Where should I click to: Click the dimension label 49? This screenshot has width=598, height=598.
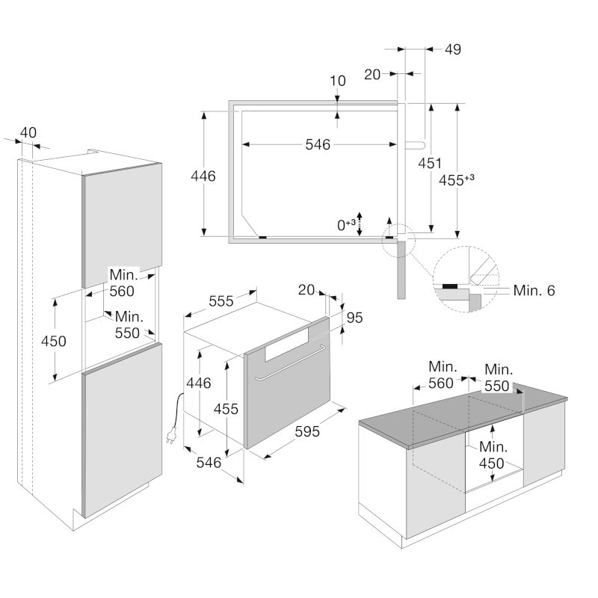(453, 49)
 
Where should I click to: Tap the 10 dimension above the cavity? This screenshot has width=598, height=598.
(338, 81)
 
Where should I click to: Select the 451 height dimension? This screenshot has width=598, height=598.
(430, 163)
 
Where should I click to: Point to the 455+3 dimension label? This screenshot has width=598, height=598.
(457, 179)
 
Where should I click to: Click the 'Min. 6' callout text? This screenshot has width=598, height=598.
(534, 291)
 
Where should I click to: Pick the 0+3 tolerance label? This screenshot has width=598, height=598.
(346, 225)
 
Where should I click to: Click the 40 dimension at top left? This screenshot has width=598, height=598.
(28, 133)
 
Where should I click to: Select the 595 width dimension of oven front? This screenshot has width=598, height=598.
(307, 432)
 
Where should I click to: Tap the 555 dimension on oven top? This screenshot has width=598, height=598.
(221, 301)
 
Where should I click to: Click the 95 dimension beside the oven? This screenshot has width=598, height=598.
(354, 318)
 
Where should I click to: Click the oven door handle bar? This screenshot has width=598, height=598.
(291, 363)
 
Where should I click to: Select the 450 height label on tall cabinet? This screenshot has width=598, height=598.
(53, 341)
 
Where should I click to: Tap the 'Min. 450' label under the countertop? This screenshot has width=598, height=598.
(493, 455)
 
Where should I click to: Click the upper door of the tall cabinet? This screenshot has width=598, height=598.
(122, 225)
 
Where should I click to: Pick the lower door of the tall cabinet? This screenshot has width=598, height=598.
(122, 431)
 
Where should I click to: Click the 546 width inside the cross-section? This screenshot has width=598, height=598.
(318, 144)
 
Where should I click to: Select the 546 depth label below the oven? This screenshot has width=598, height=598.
(209, 463)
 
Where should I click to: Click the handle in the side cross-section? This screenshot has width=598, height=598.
(415, 145)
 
